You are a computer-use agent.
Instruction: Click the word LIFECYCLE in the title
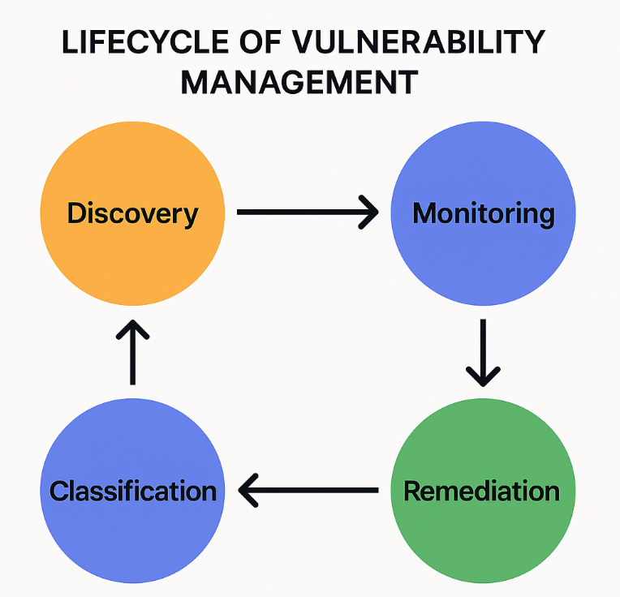point(145,42)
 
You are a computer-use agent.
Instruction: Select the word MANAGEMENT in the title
point(299,82)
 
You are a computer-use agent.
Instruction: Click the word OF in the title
point(260,42)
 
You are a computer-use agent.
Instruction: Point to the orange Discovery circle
point(133,213)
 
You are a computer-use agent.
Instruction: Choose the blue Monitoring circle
point(483,213)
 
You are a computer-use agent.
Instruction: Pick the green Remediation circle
point(483,491)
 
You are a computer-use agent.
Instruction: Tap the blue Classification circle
point(133,491)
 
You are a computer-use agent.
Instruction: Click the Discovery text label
point(133,214)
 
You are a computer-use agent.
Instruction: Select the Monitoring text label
point(484,214)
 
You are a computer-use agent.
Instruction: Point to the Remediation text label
point(481,491)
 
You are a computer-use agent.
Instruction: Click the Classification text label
point(133,491)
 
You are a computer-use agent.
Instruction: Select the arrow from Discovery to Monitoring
point(308,213)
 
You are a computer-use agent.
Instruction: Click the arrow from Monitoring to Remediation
point(483,353)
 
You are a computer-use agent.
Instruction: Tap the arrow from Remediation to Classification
point(308,490)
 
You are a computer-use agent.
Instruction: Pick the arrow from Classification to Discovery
point(133,352)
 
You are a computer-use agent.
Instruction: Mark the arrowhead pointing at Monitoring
point(369,213)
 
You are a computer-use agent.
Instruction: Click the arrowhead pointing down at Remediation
point(483,377)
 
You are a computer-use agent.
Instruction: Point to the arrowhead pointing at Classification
point(248,490)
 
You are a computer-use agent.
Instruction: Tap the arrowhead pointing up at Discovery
point(133,329)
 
